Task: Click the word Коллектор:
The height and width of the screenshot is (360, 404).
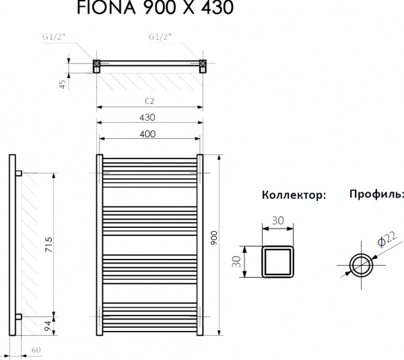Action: (x=294, y=196)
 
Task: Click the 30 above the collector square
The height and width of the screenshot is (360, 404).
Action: (x=277, y=220)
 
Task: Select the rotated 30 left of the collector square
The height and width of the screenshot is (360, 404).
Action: (x=237, y=262)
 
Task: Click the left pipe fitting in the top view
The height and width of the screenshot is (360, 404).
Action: (x=96, y=65)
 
